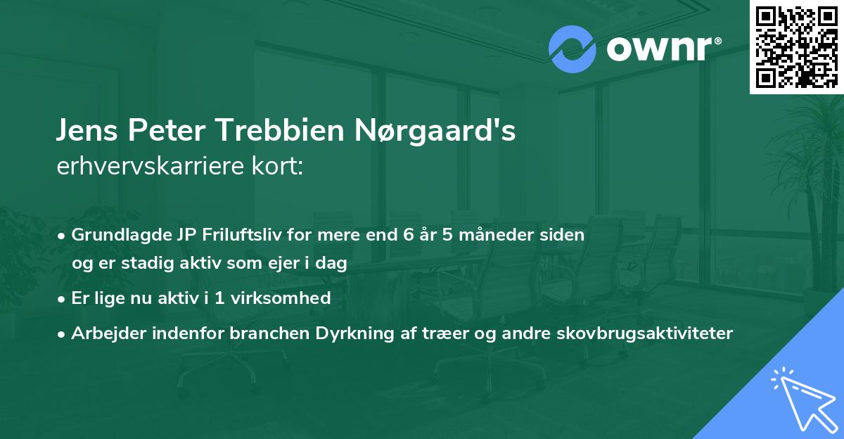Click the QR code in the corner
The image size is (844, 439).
coord(796,47)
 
